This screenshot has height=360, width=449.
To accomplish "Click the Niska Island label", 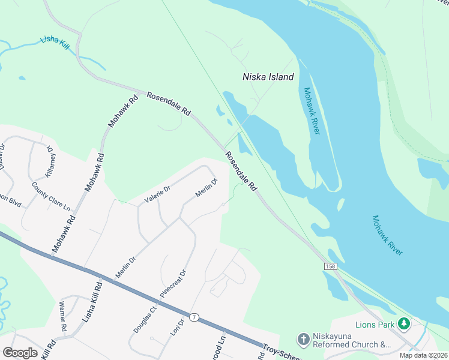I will (x=268, y=77).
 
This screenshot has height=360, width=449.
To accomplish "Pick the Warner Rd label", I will (x=62, y=317).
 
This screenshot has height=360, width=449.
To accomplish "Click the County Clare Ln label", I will (x=51, y=196).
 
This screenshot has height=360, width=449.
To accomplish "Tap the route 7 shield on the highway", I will (x=194, y=317).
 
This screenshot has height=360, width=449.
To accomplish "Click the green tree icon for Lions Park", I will (x=405, y=324).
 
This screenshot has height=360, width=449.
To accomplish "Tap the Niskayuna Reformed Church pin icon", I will (x=303, y=340).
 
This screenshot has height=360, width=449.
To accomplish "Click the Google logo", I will (x=20, y=352).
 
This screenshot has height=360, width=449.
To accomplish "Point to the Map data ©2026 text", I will (x=423, y=355).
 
